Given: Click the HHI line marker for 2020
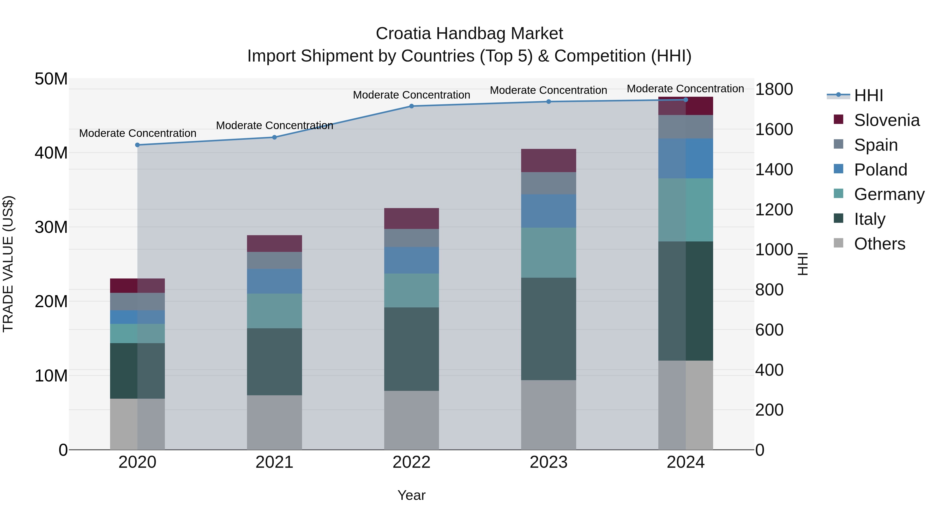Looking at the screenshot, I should (137, 145).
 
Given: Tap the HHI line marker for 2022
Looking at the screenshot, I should (412, 106).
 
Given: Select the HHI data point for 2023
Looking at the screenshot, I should (549, 102).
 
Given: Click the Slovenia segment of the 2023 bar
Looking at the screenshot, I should (549, 160).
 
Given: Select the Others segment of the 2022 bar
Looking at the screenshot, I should (412, 420).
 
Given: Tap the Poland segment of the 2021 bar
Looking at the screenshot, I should (274, 281).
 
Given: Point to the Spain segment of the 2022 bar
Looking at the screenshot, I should (412, 238).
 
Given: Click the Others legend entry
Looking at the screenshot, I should (879, 244).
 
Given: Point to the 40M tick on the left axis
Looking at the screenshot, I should (51, 153).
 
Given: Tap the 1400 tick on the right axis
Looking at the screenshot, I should (774, 169).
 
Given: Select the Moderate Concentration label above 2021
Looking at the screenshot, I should (274, 125).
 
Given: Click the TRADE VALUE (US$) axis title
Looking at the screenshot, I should (8, 264).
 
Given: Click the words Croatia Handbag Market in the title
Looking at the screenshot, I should (469, 34).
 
